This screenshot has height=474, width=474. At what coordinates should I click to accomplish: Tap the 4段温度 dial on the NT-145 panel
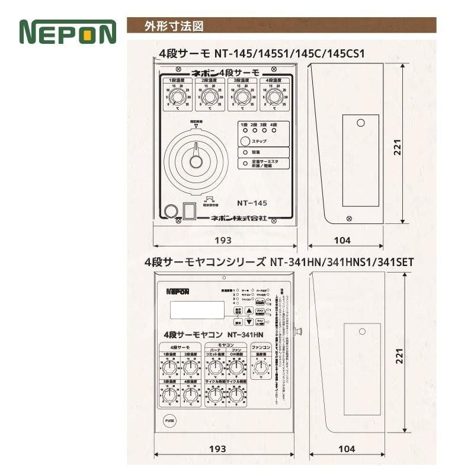click(x=274, y=97)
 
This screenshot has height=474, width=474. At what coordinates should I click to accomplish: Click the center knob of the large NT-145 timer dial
click(x=196, y=161)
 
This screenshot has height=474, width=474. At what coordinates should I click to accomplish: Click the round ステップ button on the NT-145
click(x=245, y=141)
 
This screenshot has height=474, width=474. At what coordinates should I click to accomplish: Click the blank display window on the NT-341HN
click(x=197, y=310)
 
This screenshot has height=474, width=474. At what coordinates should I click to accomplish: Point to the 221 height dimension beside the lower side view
click(x=399, y=355)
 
